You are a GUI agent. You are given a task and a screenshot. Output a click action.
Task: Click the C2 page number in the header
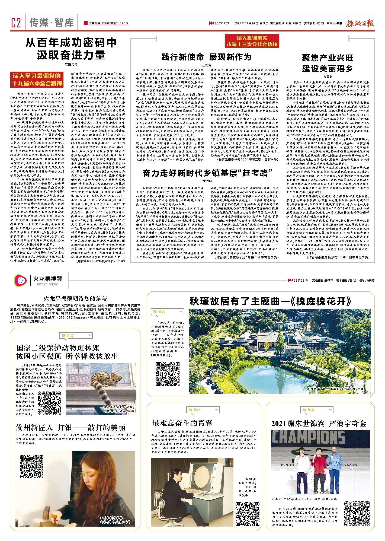[16, 23]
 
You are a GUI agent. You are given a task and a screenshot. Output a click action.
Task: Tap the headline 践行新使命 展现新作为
[206, 57]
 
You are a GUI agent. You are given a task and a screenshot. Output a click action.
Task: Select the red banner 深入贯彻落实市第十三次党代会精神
[252, 41]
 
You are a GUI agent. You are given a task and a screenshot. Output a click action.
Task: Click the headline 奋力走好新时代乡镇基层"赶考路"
[207, 173]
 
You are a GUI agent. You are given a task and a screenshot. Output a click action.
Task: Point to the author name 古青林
[328, 77]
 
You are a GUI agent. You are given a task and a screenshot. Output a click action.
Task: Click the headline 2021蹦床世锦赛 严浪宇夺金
[319, 424]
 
